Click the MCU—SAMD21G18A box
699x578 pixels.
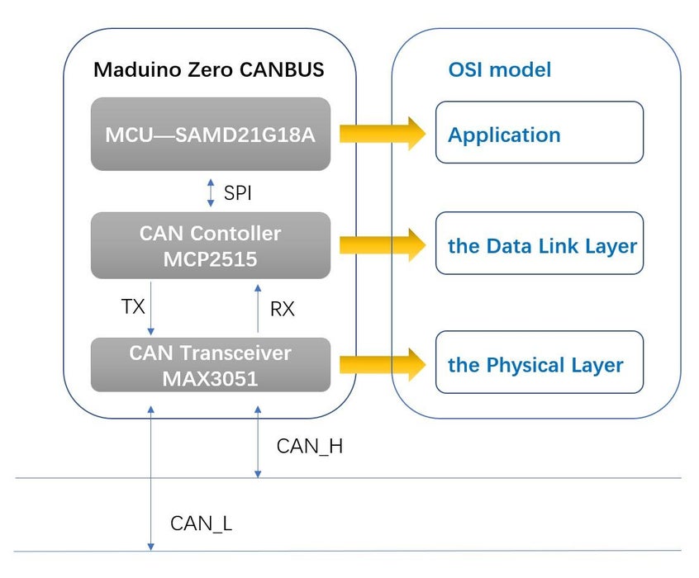[x=210, y=134]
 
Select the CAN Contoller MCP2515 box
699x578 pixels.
[x=210, y=245]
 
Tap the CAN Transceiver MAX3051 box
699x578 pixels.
[x=210, y=365]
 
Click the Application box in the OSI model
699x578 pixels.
[x=539, y=132]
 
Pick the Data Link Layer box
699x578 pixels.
[x=539, y=244]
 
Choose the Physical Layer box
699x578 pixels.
[x=539, y=362]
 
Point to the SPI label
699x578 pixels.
[x=238, y=193]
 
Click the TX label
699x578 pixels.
[x=133, y=307]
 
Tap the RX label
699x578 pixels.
[x=282, y=310]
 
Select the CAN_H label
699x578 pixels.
[x=309, y=447]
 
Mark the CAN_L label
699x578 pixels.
[x=201, y=524]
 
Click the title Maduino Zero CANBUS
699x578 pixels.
[x=208, y=69]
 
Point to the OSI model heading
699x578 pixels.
[x=500, y=69]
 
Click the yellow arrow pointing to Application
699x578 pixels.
[x=380, y=132]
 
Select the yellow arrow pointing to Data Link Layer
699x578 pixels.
[x=380, y=244]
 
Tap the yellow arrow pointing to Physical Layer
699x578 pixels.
[x=380, y=363]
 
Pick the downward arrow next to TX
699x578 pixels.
[x=150, y=307]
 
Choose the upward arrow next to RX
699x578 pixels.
[x=258, y=307]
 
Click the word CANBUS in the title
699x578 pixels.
[x=283, y=69]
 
